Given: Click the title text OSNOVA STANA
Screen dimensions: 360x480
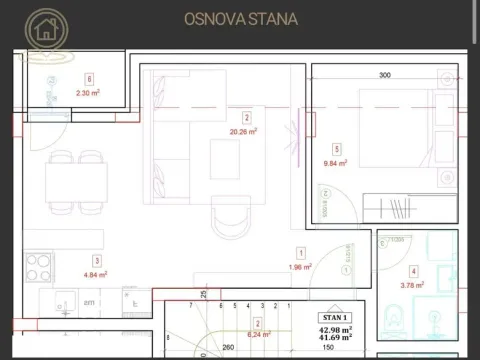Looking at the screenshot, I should (240, 18).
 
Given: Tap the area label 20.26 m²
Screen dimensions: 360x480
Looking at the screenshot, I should (244, 131).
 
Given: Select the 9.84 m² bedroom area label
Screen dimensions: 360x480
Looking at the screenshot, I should (334, 162).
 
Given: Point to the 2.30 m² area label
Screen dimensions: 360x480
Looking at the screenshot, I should (88, 93).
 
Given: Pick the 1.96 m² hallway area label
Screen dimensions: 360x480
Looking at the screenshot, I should (300, 267).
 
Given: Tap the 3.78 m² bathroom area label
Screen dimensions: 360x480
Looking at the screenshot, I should (411, 285).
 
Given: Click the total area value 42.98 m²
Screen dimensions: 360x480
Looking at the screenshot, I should (336, 329).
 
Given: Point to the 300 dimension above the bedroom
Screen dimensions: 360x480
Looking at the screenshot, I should (385, 75).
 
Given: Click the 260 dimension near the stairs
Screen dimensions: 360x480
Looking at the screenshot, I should (229, 348).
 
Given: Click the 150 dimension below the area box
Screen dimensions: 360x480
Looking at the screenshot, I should (328, 348).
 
